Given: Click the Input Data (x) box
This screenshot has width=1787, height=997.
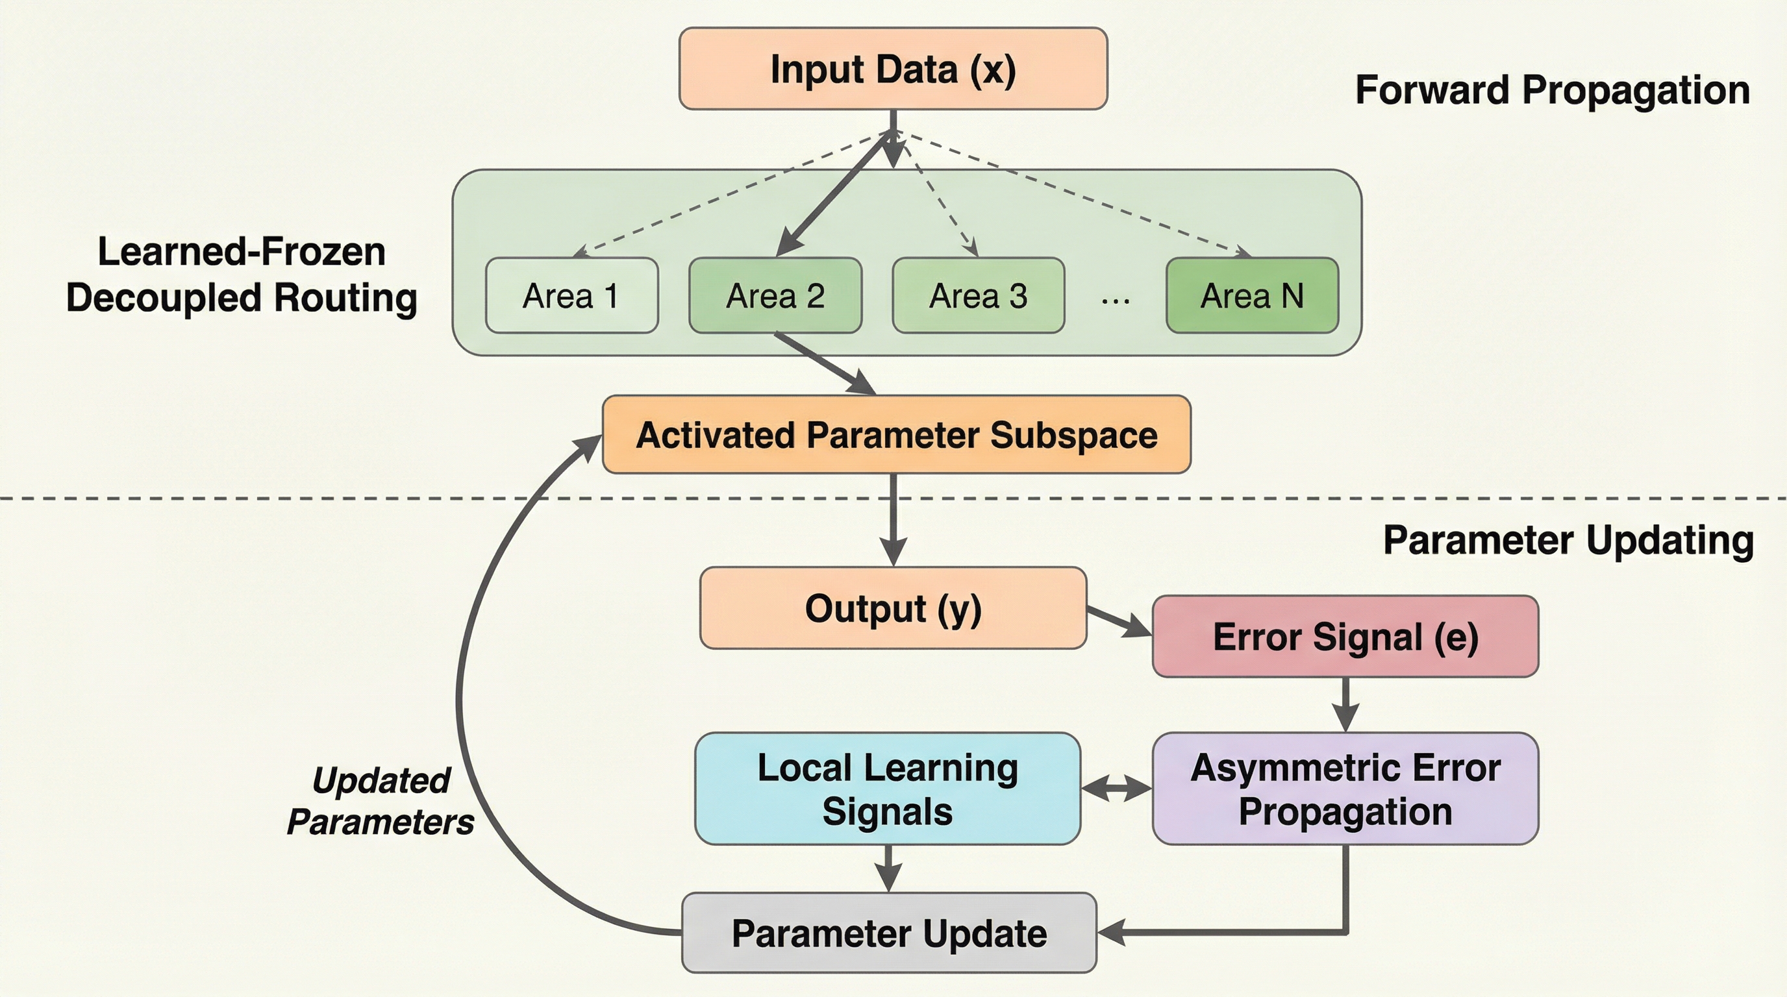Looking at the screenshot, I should point(893,69).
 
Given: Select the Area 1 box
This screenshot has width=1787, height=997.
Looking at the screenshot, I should point(571,295).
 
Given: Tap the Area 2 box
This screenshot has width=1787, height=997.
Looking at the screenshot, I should point(775,295).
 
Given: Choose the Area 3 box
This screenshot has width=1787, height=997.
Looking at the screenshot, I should point(978,295).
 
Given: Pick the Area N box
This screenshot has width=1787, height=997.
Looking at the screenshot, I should point(1252,295).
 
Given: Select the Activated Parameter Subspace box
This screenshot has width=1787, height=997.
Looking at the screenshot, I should point(896,435).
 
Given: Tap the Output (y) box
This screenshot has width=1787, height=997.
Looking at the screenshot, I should point(893,608).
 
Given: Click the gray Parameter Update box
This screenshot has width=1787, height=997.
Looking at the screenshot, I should point(889,933).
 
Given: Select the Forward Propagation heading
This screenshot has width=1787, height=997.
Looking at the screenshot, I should point(1553,90).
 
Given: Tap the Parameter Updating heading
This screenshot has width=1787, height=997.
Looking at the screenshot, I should point(1568,539).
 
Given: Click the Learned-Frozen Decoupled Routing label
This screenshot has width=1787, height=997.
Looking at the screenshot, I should point(242,275).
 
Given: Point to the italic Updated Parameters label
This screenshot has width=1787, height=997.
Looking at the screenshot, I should point(381,801).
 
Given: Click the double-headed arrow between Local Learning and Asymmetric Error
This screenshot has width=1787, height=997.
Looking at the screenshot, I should point(1116,788).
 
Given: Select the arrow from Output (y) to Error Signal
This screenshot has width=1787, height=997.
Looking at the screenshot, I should point(1118,621).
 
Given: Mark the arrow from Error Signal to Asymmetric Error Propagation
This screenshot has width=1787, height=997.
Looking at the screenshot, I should point(1345,703).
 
